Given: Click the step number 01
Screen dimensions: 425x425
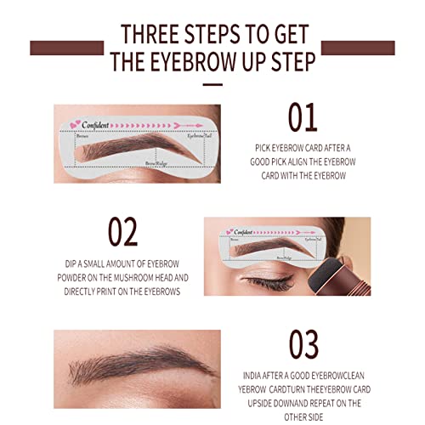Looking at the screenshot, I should (302, 118).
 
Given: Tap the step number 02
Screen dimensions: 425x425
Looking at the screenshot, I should (124, 231).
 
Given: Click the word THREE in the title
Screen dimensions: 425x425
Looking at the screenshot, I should (154, 34).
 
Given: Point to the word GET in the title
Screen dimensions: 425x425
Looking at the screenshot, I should (291, 34).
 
